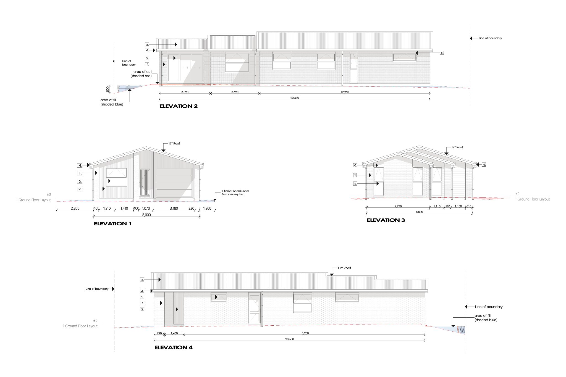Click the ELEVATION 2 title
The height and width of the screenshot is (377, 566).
tap(179, 106)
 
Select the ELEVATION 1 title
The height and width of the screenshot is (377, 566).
tap(112, 224)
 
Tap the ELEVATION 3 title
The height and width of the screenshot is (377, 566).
tap(386, 220)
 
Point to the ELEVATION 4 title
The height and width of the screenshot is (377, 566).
tap(173, 347)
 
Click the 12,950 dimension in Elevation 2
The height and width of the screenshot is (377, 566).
tap(345, 92)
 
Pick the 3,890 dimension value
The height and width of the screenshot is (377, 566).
tap(185, 92)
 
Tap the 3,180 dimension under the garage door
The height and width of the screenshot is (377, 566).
tap(174, 208)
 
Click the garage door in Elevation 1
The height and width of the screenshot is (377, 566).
tap(174, 183)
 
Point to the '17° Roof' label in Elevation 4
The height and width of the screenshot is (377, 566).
tap(344, 268)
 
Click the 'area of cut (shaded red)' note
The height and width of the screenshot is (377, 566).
tap(142, 74)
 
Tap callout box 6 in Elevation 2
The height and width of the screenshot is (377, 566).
tap(442, 52)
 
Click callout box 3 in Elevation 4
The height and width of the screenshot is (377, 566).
tap(142, 280)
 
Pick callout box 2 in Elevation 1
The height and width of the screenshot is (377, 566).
tap(80, 189)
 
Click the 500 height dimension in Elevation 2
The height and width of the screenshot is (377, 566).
tap(108, 89)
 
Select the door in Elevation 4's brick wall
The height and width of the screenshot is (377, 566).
tap(255, 309)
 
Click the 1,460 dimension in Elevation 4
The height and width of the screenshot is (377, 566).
tap(174, 333)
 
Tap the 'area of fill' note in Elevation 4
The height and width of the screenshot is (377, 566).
tap(486, 318)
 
